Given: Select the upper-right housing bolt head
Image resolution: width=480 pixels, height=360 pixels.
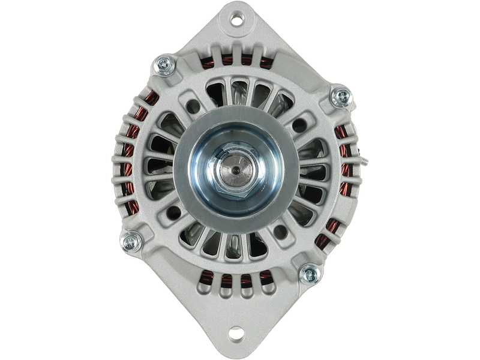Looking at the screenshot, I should [340, 96].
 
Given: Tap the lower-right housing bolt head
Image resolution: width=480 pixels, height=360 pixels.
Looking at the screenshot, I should [310, 275].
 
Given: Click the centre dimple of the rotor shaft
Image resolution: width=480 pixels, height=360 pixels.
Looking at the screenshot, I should [235, 169].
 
